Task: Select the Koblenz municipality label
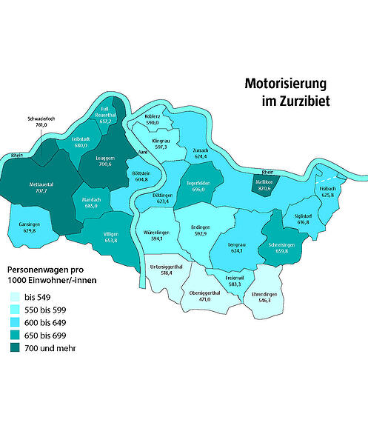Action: [153, 116]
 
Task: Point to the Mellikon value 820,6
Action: [264, 189]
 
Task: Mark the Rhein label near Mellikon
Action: [268, 172]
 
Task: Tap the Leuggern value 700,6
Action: [109, 164]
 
